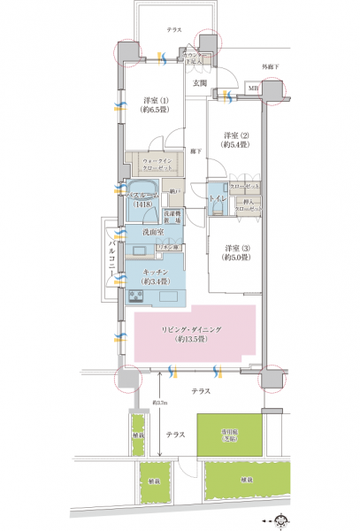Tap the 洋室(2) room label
coord(234,138)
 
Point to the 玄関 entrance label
coord(200,83)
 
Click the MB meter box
coord(253,89)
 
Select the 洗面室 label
coord(152,232)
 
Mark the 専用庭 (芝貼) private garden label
coord(233,435)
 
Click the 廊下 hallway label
coord(195,152)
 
